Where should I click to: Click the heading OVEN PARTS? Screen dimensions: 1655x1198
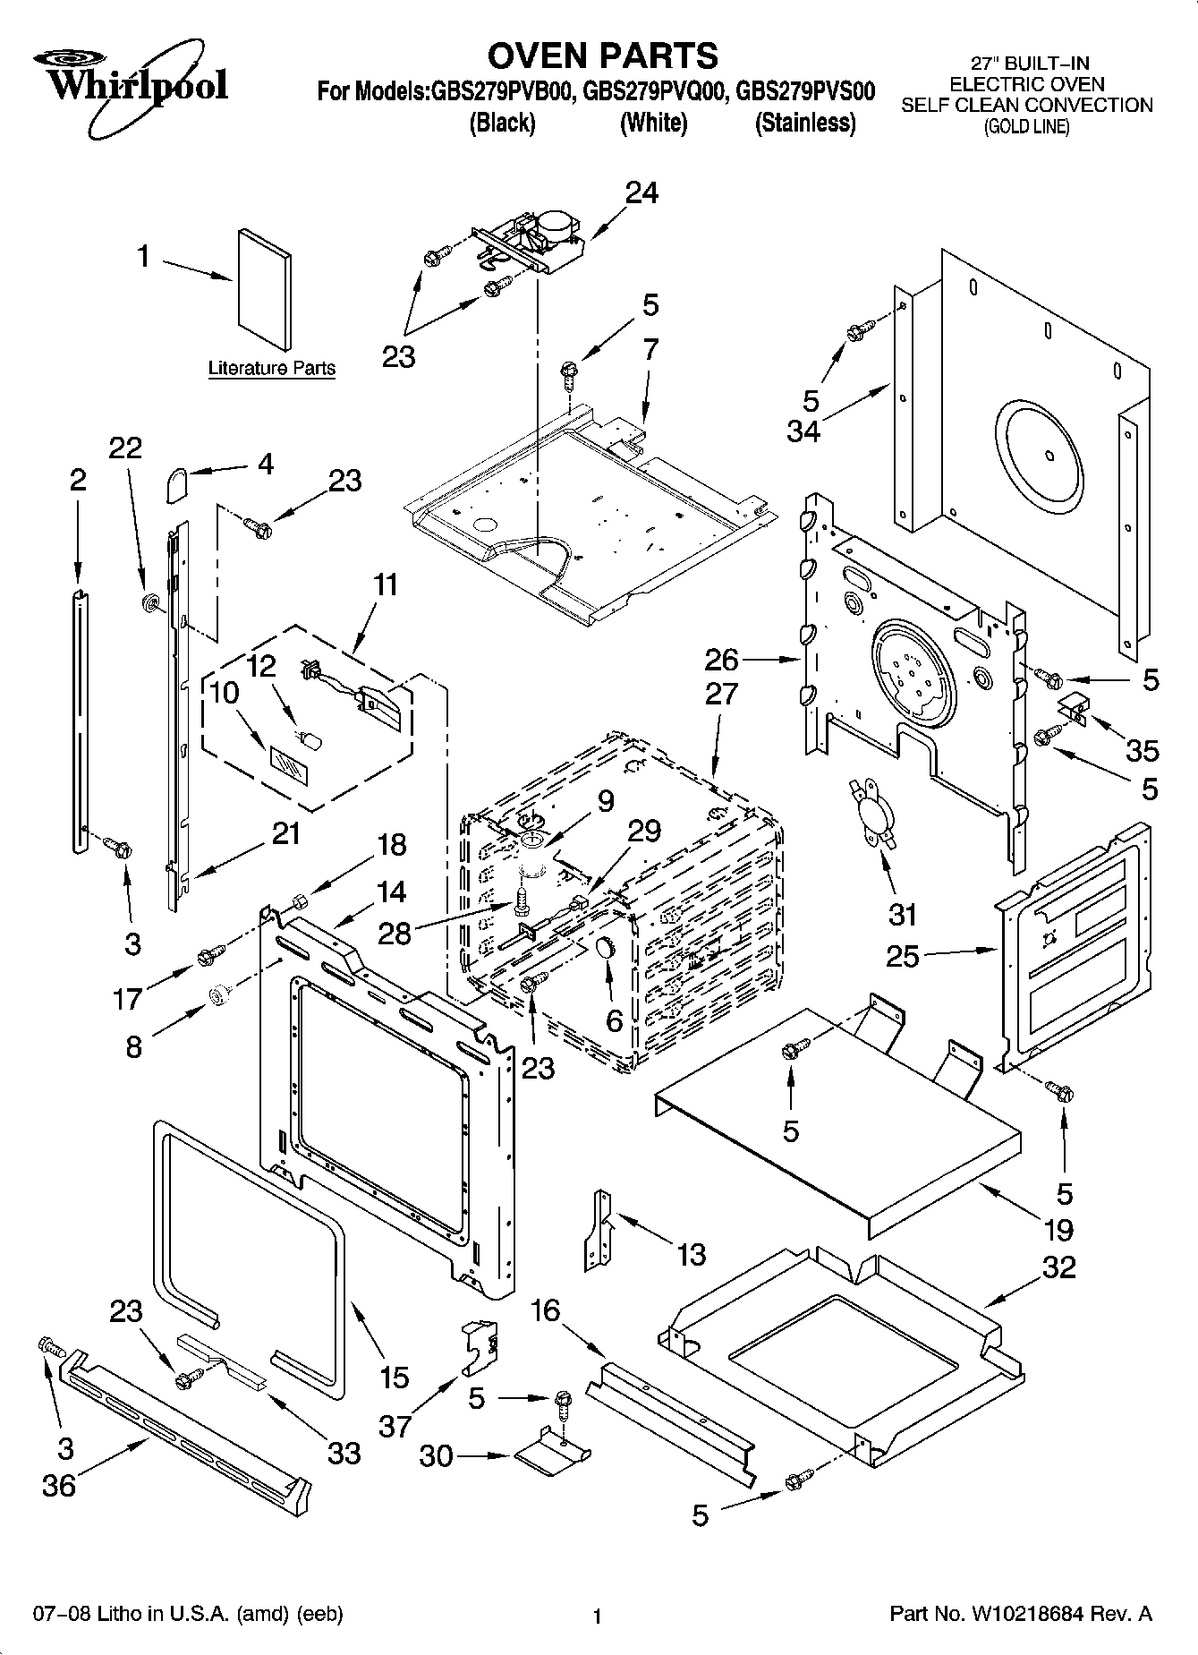(x=602, y=55)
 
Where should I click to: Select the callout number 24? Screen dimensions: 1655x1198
(x=641, y=192)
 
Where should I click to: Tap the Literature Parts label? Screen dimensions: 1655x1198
(x=271, y=368)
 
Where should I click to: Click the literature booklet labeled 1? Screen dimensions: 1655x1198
(x=265, y=290)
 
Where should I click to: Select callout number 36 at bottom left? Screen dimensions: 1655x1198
(x=59, y=1486)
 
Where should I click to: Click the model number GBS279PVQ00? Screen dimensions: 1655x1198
(x=652, y=91)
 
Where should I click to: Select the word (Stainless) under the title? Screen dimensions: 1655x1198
(x=805, y=123)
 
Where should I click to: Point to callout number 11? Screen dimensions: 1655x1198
(x=385, y=584)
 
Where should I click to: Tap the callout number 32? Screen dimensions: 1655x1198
(x=1058, y=1267)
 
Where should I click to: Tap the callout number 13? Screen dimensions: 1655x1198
(x=691, y=1254)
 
